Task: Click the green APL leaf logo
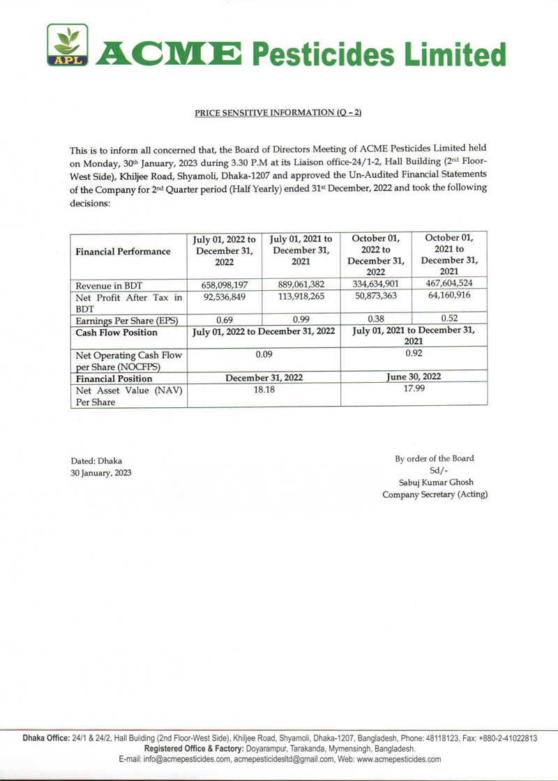tap(68, 45)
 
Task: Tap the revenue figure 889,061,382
tap(301, 285)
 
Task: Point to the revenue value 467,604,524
tap(450, 283)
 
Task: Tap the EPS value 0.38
tap(376, 319)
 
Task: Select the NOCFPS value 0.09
tap(264, 354)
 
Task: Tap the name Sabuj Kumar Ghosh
tap(434, 482)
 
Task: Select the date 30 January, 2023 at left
tap(100, 473)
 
